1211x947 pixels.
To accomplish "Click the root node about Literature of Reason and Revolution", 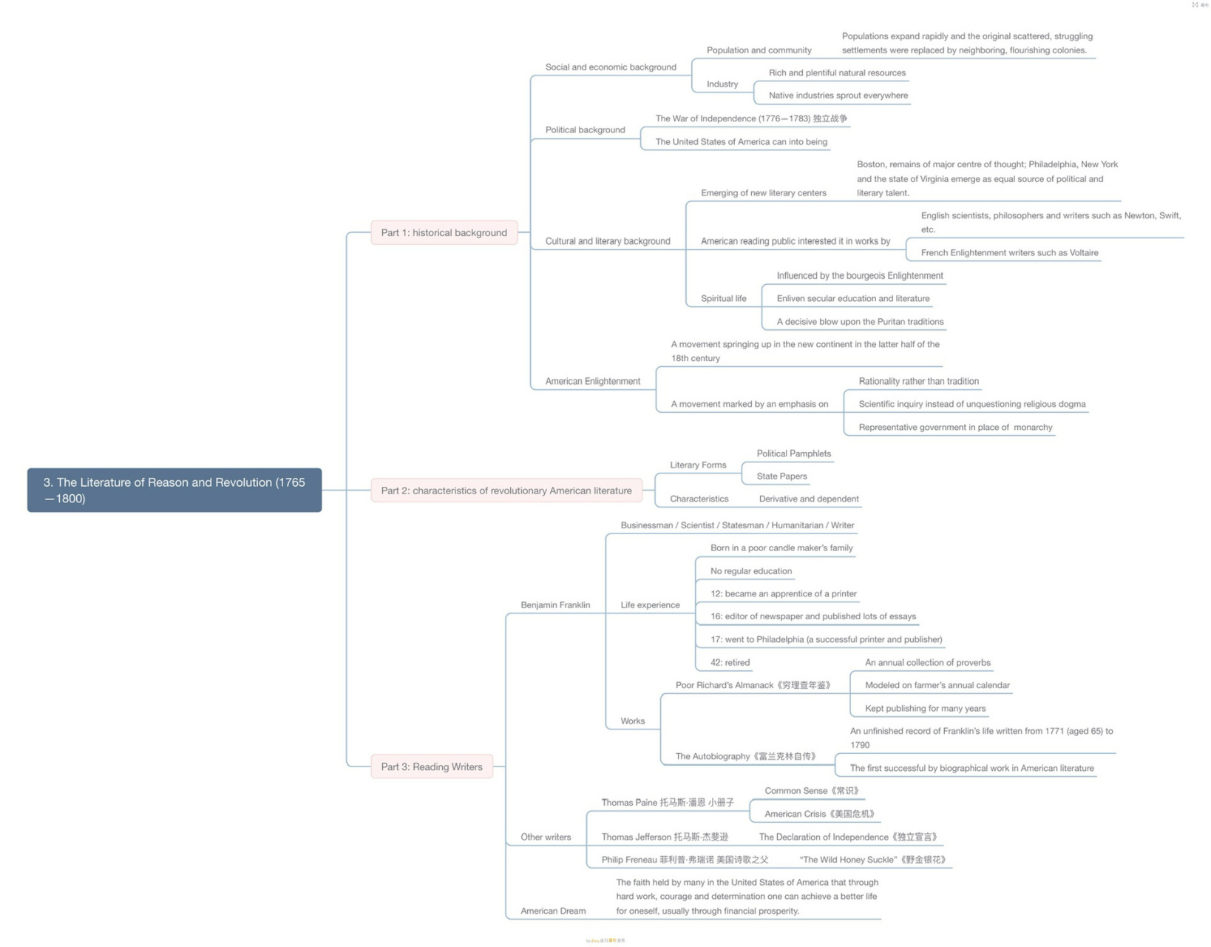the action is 174,490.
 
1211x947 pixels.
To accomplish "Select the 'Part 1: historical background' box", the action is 444,232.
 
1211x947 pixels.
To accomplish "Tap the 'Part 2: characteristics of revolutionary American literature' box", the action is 506,491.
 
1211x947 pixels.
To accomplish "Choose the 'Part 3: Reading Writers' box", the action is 432,766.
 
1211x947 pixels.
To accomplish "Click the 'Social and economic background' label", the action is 611,67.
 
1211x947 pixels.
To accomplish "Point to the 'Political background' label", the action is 585,129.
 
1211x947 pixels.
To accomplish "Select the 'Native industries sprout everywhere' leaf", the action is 838,95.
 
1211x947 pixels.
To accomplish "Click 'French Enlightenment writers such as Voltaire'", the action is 1009,252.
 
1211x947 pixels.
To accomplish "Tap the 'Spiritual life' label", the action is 723,298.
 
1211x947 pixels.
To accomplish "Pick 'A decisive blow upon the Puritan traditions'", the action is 860,321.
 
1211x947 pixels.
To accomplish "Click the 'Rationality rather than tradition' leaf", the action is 918,381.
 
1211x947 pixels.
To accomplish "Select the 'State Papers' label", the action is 781,476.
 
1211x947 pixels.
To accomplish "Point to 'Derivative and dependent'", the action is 809,499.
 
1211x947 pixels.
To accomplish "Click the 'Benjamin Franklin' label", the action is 555,604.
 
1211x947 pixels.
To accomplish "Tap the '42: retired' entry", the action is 730,662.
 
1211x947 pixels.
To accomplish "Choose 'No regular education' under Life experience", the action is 750,570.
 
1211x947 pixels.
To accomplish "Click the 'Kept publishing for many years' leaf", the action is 925,708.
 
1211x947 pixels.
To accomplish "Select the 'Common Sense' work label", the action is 812,790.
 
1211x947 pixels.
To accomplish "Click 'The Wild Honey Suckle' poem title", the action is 872,860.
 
